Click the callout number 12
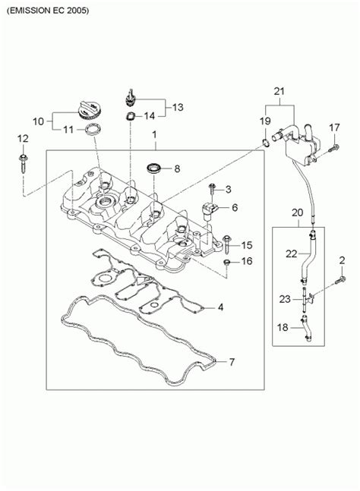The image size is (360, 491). tap(23, 138)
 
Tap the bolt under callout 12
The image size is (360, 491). tap(23, 163)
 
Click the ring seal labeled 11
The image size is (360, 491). tap(93, 129)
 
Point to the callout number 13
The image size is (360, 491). tap(178, 107)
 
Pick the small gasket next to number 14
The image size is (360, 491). tap(130, 116)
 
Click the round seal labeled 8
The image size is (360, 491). tap(155, 168)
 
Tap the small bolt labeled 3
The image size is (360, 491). tap(213, 189)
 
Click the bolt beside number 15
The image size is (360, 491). tap(227, 245)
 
